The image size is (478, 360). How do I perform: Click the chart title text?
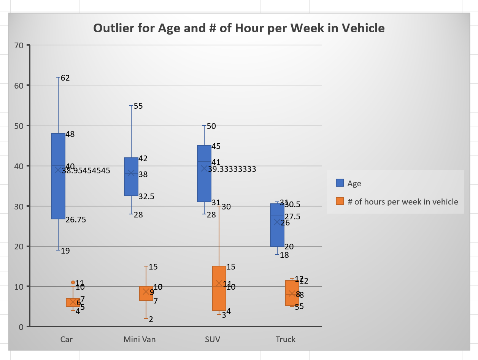pyautogui.click(x=239, y=28)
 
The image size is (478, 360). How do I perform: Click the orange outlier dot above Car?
pyautogui.click(x=73, y=282)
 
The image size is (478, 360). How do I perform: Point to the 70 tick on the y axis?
pyautogui.click(x=19, y=45)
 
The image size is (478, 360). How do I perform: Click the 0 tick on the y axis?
pyautogui.click(x=21, y=327)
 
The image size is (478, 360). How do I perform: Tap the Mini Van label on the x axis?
pyautogui.click(x=140, y=339)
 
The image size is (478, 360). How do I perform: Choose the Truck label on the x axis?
pyautogui.click(x=286, y=339)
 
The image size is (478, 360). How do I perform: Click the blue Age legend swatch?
pyautogui.click(x=340, y=183)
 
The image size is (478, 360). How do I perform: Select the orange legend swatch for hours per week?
pyautogui.click(x=340, y=201)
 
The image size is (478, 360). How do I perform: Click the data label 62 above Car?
pyautogui.click(x=65, y=78)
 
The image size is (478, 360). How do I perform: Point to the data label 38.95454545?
pyautogui.click(x=86, y=171)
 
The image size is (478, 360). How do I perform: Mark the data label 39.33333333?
pyautogui.click(x=232, y=169)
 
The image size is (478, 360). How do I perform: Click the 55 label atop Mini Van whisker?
pyautogui.click(x=138, y=106)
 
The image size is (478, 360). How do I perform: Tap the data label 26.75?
pyautogui.click(x=76, y=220)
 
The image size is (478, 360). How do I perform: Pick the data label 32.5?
pyautogui.click(x=146, y=197)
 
